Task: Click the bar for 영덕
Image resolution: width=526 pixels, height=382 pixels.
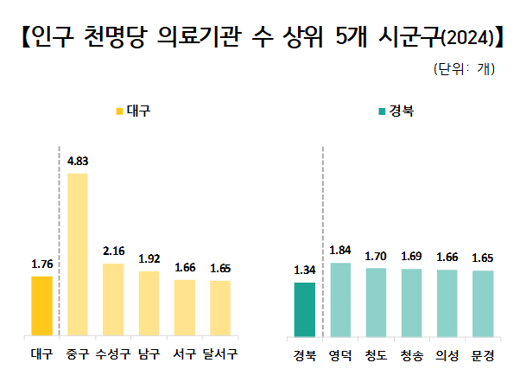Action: click(340, 299)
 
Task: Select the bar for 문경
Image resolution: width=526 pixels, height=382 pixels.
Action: click(482, 303)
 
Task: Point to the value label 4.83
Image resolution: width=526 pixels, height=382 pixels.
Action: click(78, 162)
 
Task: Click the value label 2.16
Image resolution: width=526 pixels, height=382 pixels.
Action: click(113, 251)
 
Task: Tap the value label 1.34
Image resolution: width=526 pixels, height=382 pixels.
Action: click(305, 271)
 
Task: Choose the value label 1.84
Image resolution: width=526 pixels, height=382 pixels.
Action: click(340, 251)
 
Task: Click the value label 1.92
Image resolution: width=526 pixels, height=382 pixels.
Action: click(149, 258)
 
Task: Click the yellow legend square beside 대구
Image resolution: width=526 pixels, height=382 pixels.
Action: click(119, 111)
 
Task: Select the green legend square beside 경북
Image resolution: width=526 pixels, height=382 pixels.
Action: click(381, 111)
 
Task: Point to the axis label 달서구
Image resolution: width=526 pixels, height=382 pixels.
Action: click(220, 354)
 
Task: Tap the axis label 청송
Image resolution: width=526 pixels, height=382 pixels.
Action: click(411, 354)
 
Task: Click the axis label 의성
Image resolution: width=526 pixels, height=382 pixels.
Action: click(447, 354)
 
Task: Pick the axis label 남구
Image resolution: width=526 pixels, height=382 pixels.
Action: click(149, 354)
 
